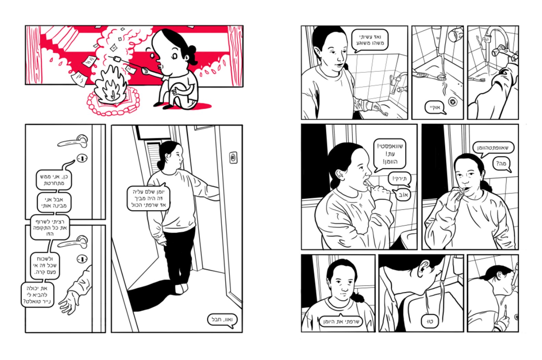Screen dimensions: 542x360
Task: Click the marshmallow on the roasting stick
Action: pos(117,59)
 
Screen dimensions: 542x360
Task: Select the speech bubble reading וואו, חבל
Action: pos(222,320)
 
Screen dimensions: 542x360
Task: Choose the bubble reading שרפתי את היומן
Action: pos(341,321)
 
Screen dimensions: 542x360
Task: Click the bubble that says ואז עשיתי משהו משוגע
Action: pos(370,40)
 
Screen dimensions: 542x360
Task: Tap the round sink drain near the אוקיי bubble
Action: pos(453,102)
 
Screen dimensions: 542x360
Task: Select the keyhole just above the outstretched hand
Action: pos(82,259)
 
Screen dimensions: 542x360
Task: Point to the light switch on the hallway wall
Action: pos(233,158)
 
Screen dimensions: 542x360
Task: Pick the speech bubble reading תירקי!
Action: pos(399,179)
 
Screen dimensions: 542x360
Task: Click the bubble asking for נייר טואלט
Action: pos(37,295)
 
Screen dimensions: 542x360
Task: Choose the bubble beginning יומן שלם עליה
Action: pos(148,198)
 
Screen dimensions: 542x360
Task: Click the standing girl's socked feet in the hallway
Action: pos(182,289)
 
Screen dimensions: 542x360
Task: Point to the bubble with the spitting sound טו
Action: pos(430,321)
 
